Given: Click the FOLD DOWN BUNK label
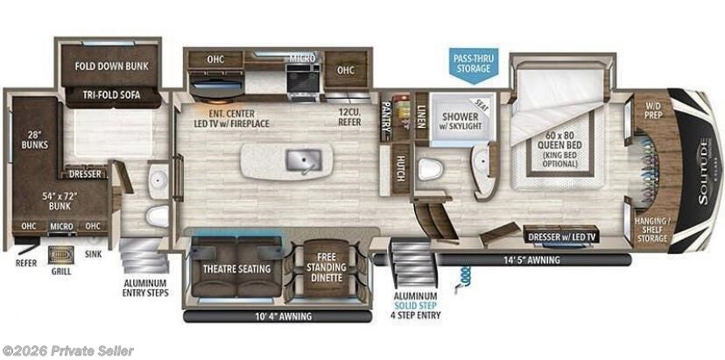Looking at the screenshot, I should [111, 66].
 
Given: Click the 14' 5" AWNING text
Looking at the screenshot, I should [530, 259].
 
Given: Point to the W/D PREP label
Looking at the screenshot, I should [653, 112].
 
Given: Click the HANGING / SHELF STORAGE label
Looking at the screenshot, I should [652, 229].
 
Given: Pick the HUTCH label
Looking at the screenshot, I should [401, 167].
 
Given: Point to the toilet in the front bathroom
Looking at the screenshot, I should [428, 168].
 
